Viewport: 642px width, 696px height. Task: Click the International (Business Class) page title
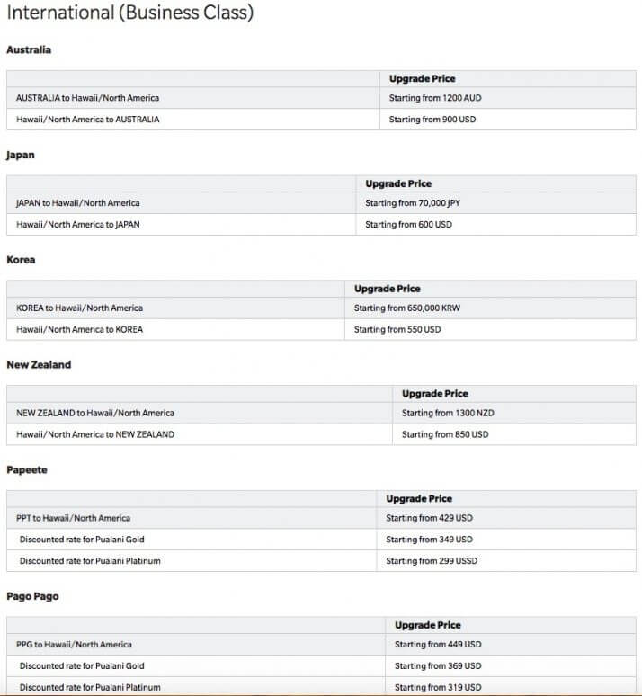[129, 13]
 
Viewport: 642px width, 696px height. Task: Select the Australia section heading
[29, 49]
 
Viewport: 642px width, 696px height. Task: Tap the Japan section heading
[21, 155]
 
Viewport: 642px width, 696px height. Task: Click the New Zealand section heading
[39, 365]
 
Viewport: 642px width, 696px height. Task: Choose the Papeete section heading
[27, 470]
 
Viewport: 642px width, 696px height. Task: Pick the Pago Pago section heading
[32, 596]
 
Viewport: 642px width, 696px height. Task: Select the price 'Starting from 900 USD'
[432, 120]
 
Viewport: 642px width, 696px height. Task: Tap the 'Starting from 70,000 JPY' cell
[413, 203]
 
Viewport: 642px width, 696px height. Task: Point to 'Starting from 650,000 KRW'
[407, 308]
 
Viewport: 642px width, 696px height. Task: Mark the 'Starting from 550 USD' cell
[397, 330]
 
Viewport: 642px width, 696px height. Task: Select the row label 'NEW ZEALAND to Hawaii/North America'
[95, 414]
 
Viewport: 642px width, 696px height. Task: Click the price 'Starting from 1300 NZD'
[448, 414]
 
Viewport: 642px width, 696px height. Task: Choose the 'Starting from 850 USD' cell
[445, 435]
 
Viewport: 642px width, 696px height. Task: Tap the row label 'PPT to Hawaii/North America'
[74, 519]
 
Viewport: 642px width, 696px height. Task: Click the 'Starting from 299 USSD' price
[432, 561]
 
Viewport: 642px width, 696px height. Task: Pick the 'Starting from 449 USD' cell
[438, 645]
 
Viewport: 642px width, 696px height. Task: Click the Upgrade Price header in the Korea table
[387, 289]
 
